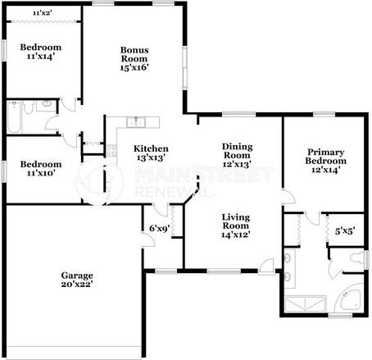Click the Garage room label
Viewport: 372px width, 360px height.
77,280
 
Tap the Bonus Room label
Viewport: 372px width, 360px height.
134,58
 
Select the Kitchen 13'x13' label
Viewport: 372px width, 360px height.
151,153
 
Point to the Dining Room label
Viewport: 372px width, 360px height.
237,155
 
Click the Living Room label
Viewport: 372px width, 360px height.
236,226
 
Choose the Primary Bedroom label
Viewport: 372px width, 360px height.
325,161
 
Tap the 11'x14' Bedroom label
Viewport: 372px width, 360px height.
41,52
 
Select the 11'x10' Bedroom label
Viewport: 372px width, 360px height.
41,168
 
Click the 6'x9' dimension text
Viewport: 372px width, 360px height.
160,228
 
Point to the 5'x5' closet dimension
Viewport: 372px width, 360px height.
345,231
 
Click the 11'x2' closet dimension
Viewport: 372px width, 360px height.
43,13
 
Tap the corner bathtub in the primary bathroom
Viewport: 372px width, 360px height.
350,298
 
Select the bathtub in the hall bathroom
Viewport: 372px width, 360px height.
14,117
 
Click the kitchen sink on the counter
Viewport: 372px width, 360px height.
136,122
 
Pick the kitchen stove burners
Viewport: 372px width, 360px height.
111,150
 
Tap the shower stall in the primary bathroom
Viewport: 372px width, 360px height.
306,303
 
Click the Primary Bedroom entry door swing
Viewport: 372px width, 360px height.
289,197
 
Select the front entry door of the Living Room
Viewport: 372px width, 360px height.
266,265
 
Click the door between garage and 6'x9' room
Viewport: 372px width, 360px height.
148,240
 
